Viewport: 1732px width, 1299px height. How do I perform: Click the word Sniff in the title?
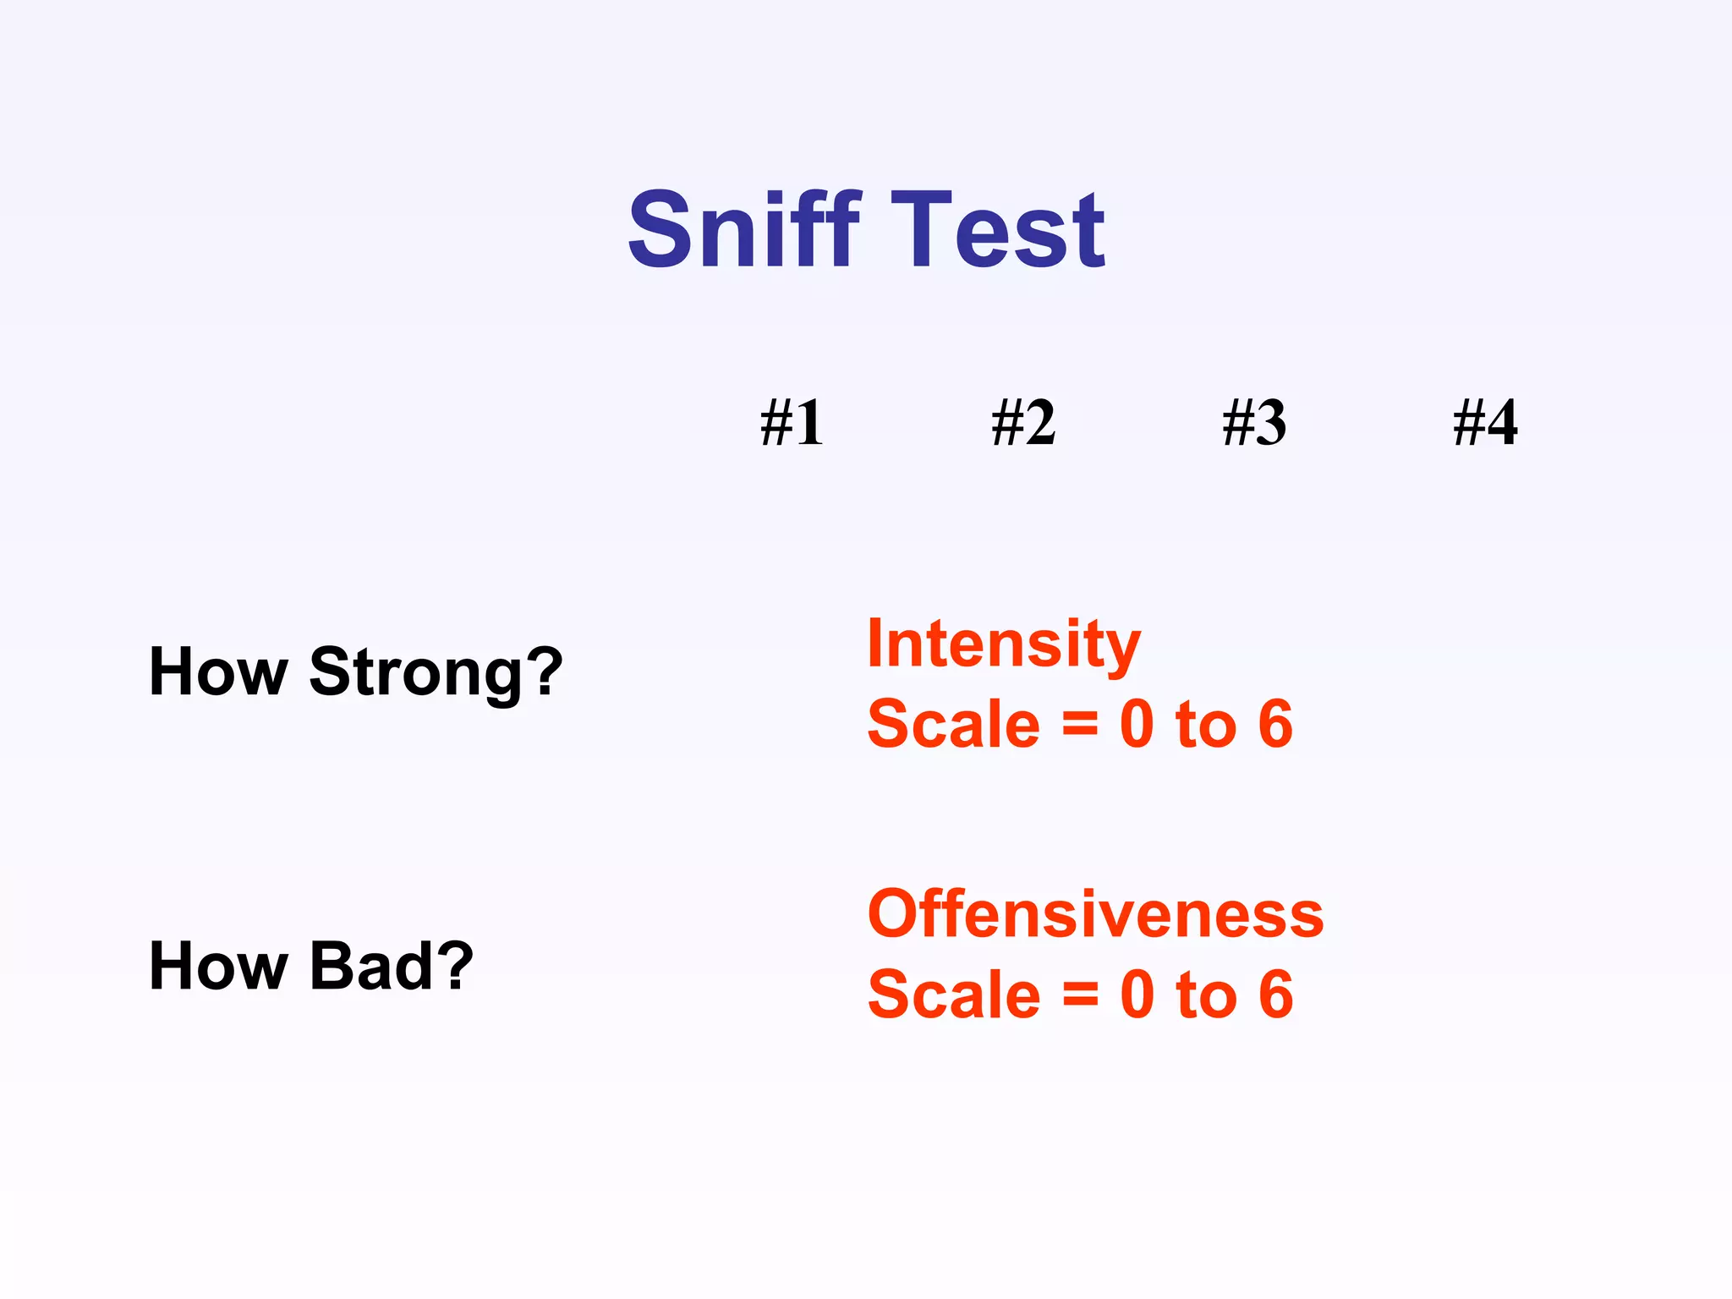pos(744,230)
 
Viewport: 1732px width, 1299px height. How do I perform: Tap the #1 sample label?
pos(792,422)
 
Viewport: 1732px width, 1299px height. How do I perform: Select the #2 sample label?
pos(1023,422)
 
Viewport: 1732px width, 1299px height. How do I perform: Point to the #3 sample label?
pos(1254,422)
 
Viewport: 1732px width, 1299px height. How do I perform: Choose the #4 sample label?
pos(1485,422)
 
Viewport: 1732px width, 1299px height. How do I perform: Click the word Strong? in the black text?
pos(436,673)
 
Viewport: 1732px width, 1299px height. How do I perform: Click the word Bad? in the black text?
pos(391,966)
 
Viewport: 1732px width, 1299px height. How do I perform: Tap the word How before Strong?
pos(218,671)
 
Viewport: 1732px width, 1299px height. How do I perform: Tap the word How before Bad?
pos(218,966)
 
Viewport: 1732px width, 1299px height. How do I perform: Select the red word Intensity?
pos(1004,645)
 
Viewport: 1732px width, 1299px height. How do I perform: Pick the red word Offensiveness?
pos(1095,914)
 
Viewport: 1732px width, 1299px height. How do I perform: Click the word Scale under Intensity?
pos(953,725)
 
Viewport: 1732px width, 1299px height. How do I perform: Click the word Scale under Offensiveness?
pos(953,995)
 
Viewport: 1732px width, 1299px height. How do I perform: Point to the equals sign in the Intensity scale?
pos(1080,725)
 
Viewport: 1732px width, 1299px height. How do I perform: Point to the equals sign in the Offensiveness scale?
pos(1080,995)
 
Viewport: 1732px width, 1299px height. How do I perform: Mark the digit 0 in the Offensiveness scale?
pos(1137,995)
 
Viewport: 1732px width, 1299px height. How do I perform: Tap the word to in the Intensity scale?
pos(1206,726)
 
